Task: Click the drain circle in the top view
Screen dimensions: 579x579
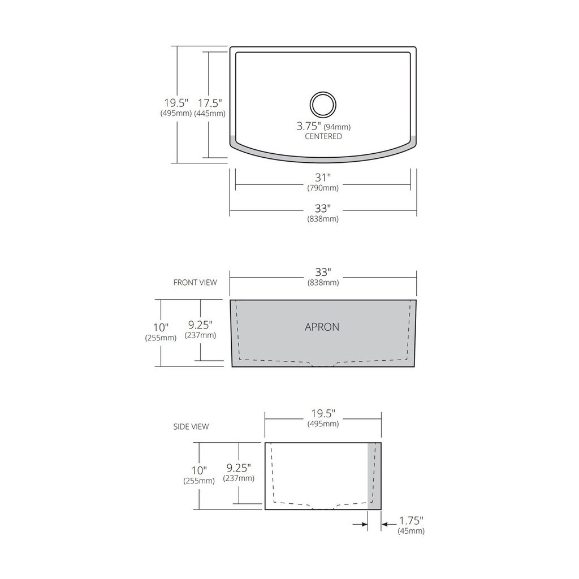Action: (x=323, y=92)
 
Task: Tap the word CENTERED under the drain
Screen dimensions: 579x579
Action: (x=323, y=136)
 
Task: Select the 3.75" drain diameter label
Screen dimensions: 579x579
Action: (x=309, y=126)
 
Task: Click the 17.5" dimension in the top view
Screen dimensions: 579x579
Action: (x=210, y=103)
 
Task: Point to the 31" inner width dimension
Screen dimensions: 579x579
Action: (x=323, y=178)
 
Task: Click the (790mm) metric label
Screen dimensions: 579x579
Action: (x=323, y=188)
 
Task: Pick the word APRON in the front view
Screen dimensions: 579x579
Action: (x=322, y=327)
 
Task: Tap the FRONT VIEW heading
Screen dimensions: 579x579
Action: (x=195, y=283)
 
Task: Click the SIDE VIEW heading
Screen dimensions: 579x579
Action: (x=191, y=426)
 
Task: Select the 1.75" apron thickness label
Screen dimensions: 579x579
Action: (x=411, y=521)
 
